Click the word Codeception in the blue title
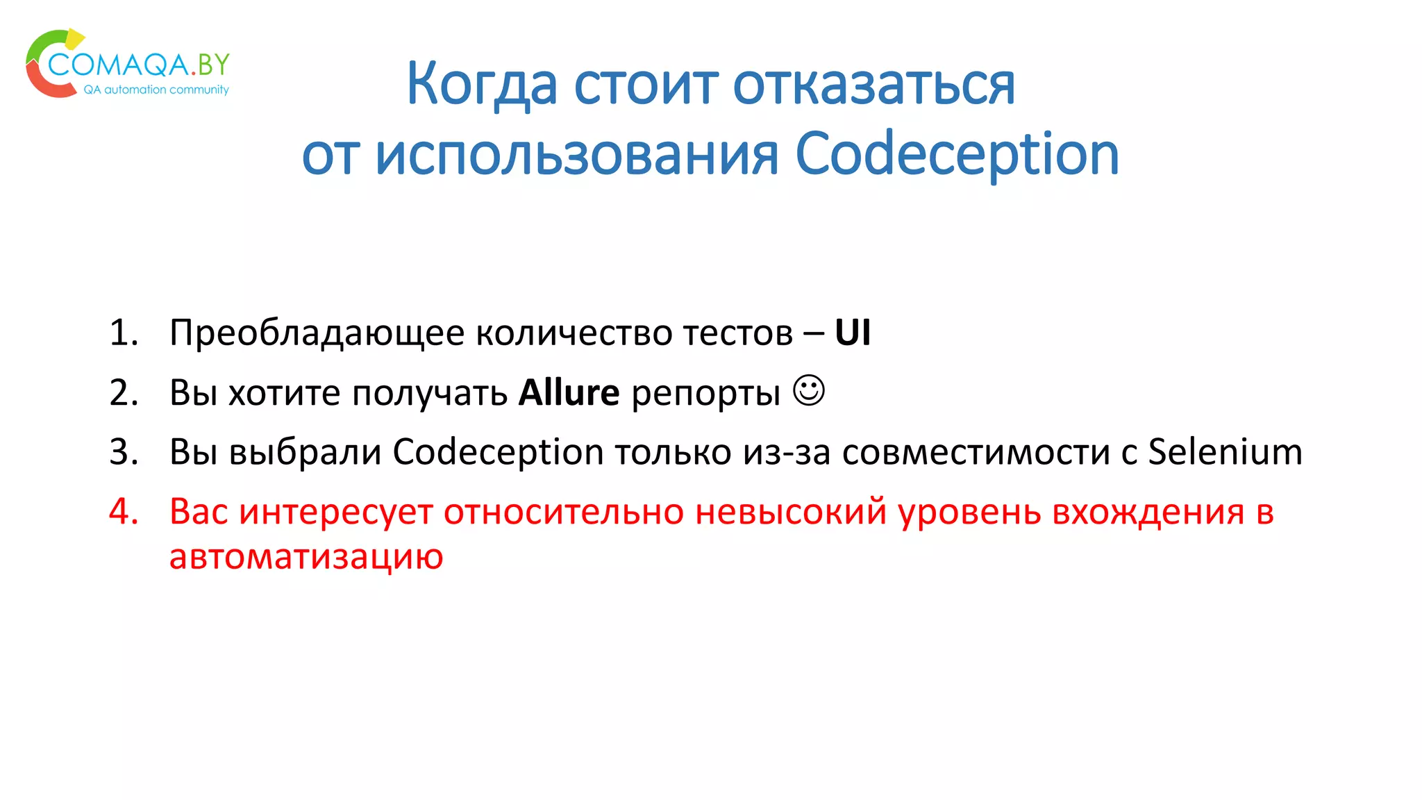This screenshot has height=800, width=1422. coord(957,154)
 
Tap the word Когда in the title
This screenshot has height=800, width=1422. coord(481,85)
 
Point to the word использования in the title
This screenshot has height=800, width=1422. coord(576,154)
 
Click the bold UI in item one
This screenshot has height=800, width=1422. coord(852,333)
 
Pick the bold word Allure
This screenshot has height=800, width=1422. coord(569,393)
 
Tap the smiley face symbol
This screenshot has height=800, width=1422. coord(809,390)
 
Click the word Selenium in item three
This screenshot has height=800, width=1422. coord(1225,452)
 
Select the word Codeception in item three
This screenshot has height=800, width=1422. coord(498,452)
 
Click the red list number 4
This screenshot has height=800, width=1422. coord(124,512)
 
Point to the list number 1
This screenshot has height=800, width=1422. coord(124,333)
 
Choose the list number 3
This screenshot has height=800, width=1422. coord(124,452)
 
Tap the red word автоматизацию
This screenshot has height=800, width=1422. coord(306,556)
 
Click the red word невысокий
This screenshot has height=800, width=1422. coord(791,512)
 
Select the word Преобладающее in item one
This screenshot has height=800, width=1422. coord(317,333)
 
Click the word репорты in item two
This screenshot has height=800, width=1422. coord(706,393)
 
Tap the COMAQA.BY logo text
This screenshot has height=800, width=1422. coord(139,65)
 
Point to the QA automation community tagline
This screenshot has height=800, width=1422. coord(156,90)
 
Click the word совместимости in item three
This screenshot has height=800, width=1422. coord(975,452)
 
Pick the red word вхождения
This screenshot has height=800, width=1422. coord(1148,512)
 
